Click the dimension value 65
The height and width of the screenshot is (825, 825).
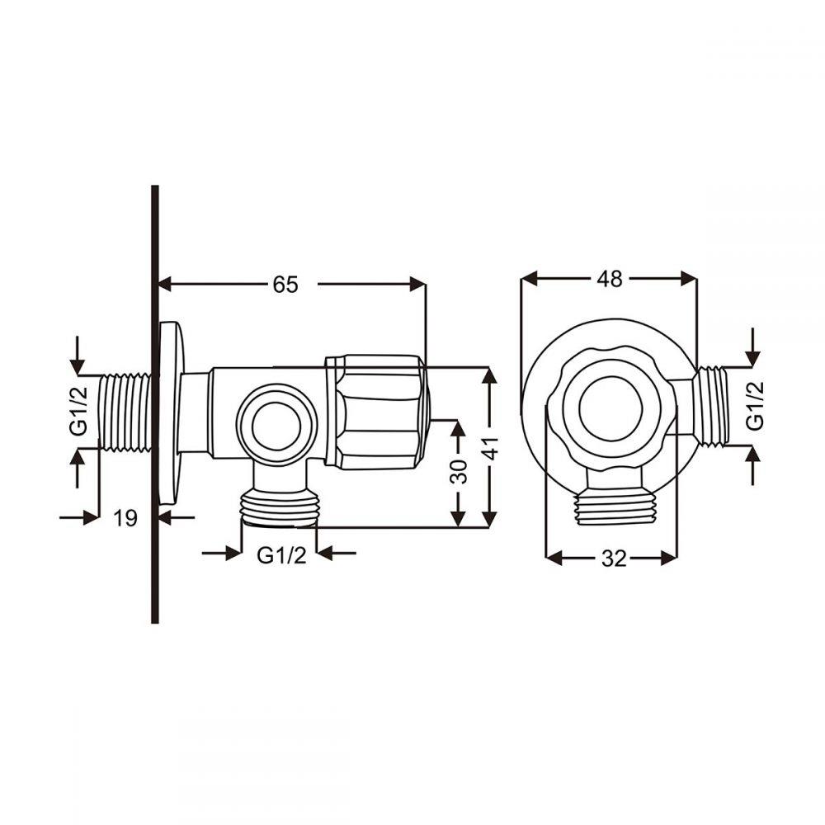tap(285, 285)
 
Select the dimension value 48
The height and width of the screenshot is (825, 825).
tap(610, 280)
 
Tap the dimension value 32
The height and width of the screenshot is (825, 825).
tap(612, 559)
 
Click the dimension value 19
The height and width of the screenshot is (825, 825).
tap(125, 518)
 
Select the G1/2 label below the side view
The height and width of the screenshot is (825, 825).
tap(281, 554)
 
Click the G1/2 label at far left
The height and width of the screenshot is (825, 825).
tap(78, 412)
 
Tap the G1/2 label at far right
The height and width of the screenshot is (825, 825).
tap(754, 405)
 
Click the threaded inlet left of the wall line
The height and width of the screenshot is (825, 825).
tap(125, 412)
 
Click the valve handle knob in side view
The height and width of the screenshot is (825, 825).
tap(378, 411)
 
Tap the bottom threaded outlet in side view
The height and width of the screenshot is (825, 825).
tap(280, 507)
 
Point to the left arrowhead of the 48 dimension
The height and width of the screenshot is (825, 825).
tap(529, 280)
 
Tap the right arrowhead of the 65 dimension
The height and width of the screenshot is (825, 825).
tap(417, 285)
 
